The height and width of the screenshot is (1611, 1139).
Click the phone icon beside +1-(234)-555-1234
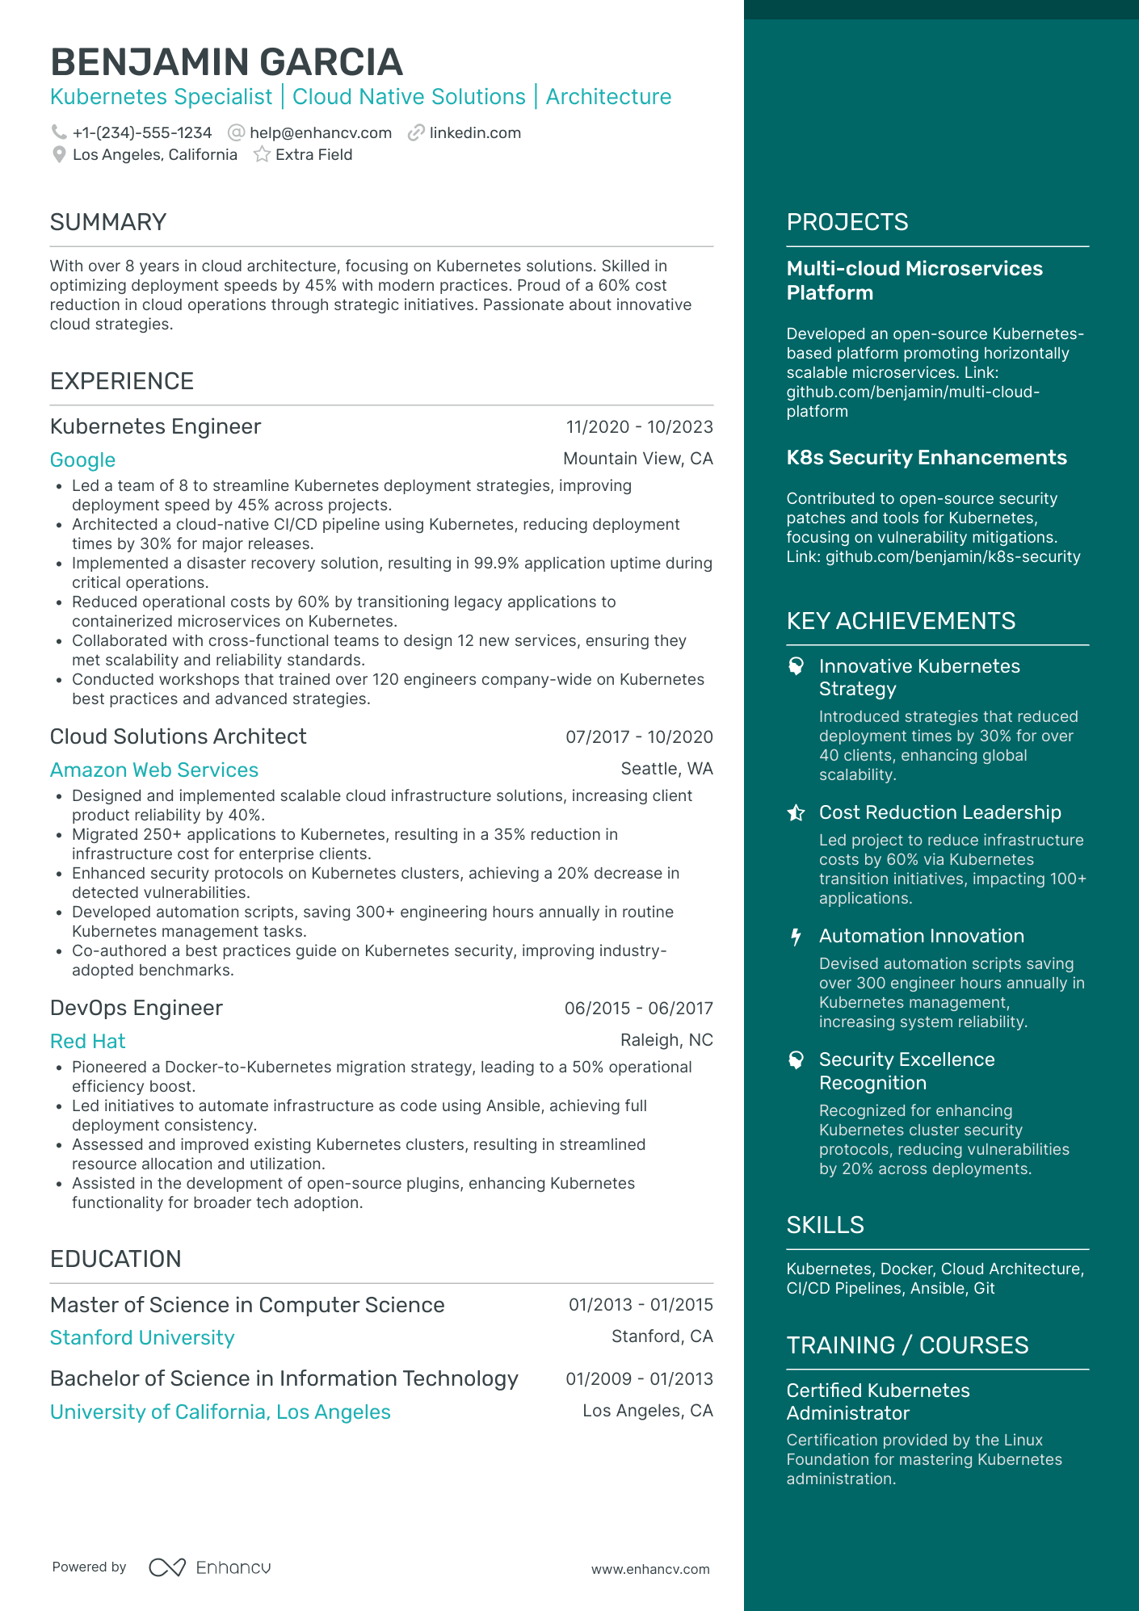point(59,132)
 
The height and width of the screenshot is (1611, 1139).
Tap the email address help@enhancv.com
point(320,133)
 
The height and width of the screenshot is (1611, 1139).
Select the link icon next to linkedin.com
point(416,133)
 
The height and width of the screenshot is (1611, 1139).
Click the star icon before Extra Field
point(262,155)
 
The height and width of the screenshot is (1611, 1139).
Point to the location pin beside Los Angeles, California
point(59,155)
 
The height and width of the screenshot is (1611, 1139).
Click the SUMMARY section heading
point(108,222)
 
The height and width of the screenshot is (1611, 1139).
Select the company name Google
point(82,460)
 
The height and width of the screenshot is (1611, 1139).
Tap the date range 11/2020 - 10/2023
point(639,427)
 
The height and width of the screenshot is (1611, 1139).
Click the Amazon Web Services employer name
point(154,770)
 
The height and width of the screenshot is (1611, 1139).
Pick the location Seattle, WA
point(666,769)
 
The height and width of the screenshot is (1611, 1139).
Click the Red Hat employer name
point(88,1042)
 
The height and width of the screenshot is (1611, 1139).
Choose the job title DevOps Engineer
point(137,1008)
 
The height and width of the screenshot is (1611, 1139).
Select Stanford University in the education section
point(142,1338)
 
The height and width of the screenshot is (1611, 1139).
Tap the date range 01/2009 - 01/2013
point(639,1379)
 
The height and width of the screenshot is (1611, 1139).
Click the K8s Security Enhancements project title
point(927,458)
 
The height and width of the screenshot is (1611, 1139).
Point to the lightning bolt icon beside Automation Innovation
point(796,937)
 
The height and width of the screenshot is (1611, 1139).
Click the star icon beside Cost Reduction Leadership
point(796,813)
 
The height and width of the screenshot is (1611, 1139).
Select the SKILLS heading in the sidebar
point(825,1225)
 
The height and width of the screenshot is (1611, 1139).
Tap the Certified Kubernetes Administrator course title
point(878,1402)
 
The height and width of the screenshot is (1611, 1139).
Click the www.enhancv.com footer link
point(650,1569)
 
